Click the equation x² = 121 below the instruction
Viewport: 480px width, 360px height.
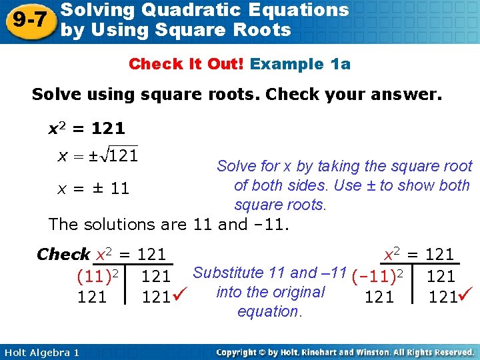pyautogui.click(x=87, y=127)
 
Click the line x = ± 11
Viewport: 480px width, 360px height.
pyautogui.click(x=93, y=189)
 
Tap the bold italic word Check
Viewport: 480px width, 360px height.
pyautogui.click(x=63, y=254)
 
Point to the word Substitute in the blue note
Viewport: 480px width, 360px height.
pyautogui.click(x=226, y=272)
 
